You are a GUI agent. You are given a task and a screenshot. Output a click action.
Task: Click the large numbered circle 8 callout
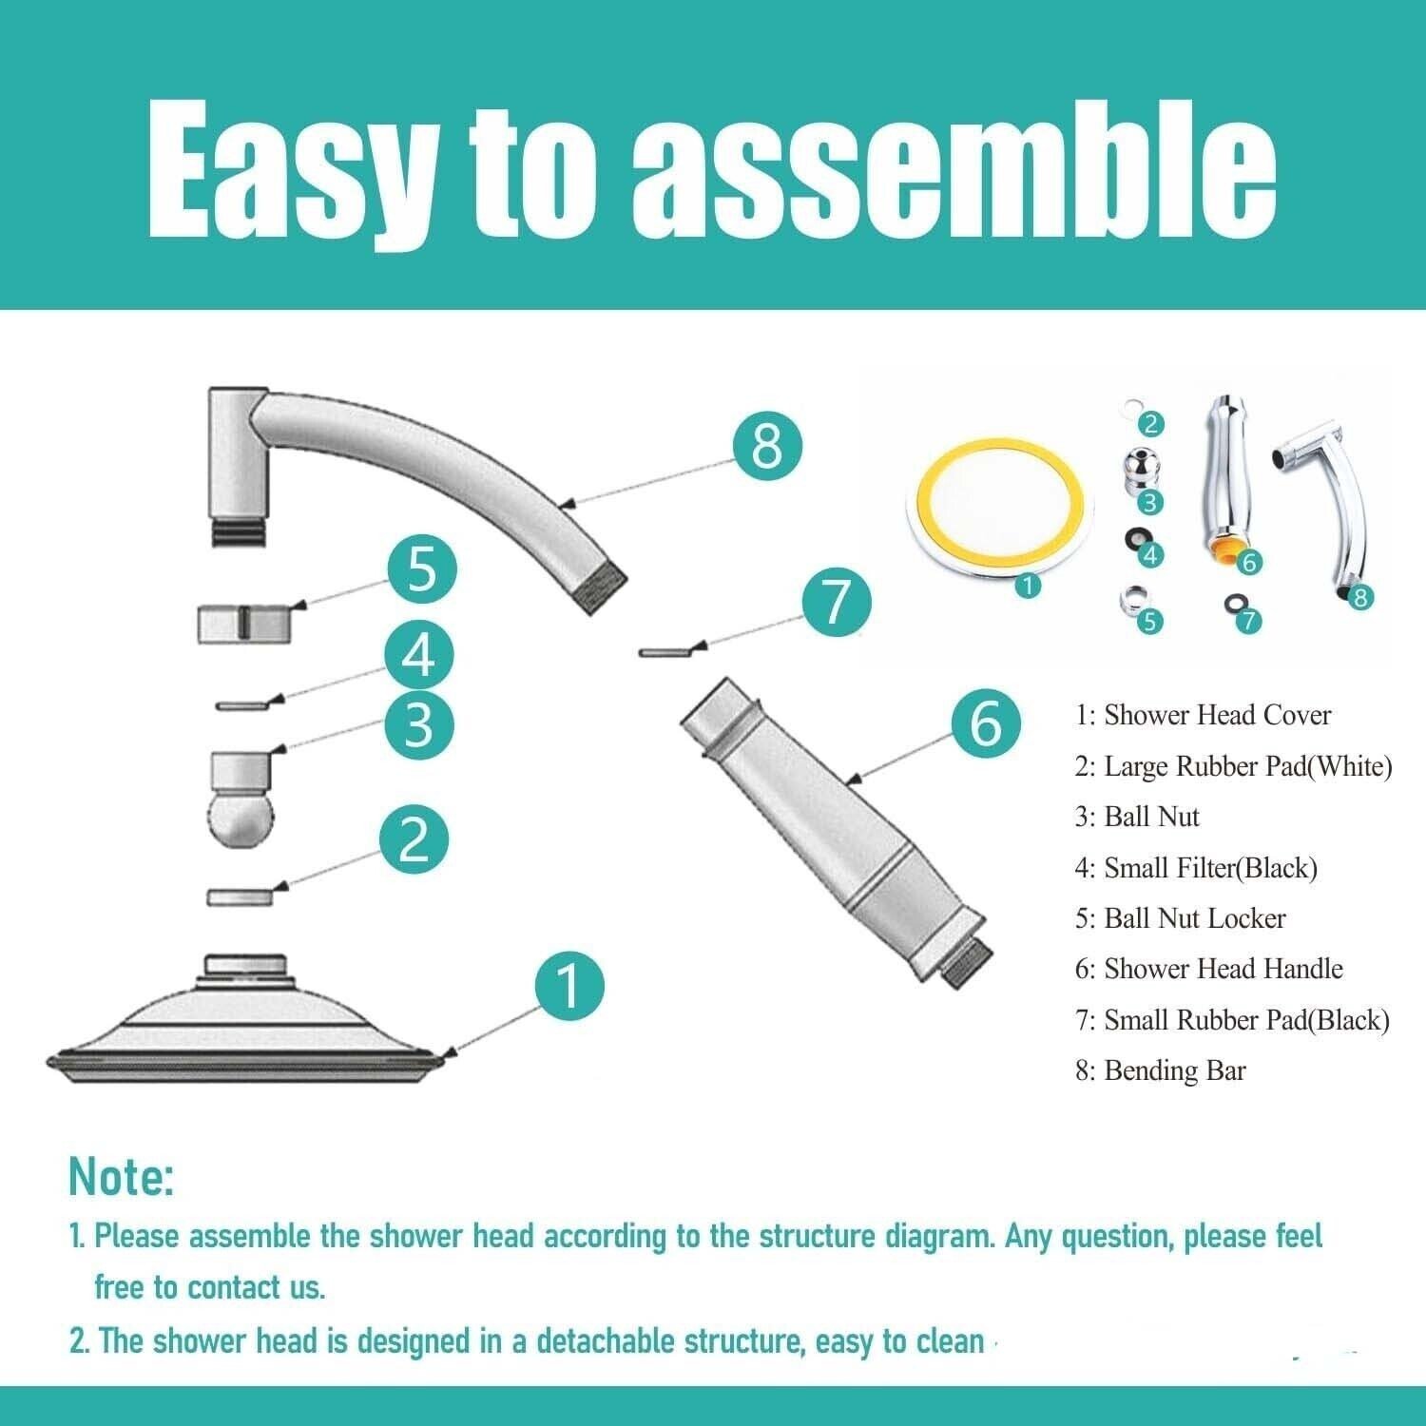point(767,447)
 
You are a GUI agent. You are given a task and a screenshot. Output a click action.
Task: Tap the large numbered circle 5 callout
point(421,569)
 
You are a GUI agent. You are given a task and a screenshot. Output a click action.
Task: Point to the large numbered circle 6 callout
point(985,723)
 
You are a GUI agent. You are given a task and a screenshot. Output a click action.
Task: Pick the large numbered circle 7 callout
point(836,602)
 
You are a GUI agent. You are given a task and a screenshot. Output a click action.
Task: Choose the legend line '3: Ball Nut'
point(1137,817)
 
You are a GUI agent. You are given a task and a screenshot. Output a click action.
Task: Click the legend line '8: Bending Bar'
point(1160,1070)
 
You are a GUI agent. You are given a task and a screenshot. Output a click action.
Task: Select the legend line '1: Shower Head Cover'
point(1203,715)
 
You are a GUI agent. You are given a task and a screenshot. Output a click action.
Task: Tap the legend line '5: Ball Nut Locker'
point(1180,918)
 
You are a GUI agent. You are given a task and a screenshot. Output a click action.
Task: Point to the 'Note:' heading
point(122,1177)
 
